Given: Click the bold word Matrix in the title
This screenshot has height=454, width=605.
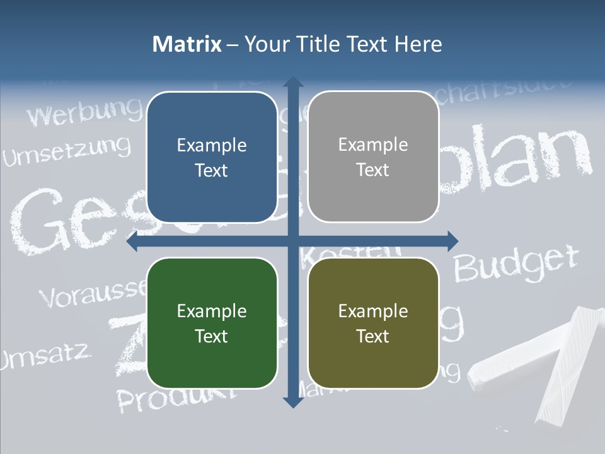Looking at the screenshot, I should tap(187, 44).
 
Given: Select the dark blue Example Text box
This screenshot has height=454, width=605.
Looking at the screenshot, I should tap(212, 157).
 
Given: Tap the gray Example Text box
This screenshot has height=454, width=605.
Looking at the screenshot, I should tap(373, 157).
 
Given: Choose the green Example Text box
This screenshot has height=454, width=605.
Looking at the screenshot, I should tap(212, 323).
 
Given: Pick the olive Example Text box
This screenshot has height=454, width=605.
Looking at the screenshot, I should tap(373, 323).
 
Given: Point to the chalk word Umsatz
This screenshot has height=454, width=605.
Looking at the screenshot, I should tap(44, 357).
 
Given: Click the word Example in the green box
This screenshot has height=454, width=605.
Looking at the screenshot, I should tap(212, 311).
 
